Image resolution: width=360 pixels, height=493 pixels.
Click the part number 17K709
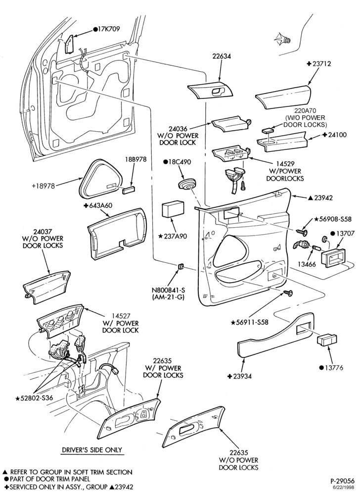[x=109, y=29]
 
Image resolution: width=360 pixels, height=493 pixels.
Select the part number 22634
[x=221, y=56]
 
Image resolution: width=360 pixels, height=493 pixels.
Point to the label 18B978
[x=135, y=159]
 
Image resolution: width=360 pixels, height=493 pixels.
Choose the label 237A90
[x=175, y=237]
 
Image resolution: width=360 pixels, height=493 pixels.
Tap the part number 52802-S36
[x=37, y=398]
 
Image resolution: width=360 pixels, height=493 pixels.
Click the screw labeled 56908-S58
[x=303, y=232]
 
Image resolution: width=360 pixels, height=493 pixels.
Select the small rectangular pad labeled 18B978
[x=129, y=189]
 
